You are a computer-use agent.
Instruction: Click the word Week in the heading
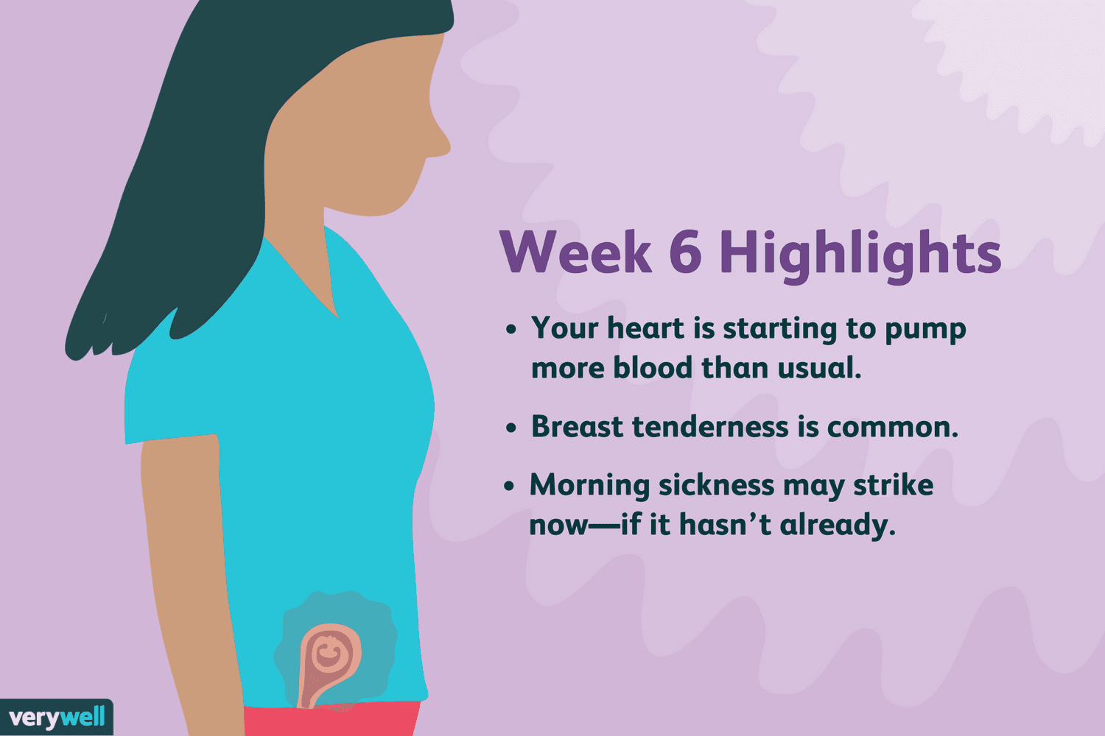click(575, 252)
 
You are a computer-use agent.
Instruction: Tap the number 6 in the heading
click(686, 252)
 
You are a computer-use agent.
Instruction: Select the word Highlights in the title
click(860, 256)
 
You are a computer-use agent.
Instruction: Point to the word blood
click(653, 368)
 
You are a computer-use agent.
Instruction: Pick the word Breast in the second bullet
click(577, 426)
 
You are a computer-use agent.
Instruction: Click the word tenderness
click(710, 426)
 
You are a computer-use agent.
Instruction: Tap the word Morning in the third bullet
click(590, 486)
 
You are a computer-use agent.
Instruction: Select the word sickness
click(717, 485)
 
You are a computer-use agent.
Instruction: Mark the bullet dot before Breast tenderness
click(511, 428)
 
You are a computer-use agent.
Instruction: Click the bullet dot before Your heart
click(511, 329)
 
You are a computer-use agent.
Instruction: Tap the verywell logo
click(57, 718)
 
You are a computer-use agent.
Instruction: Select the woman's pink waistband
click(332, 720)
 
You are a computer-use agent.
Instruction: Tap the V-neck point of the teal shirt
click(337, 316)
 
